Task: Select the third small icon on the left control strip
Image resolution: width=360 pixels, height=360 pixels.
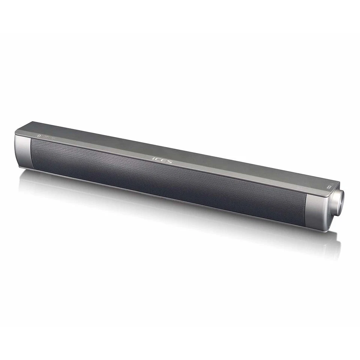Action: tap(53, 136)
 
